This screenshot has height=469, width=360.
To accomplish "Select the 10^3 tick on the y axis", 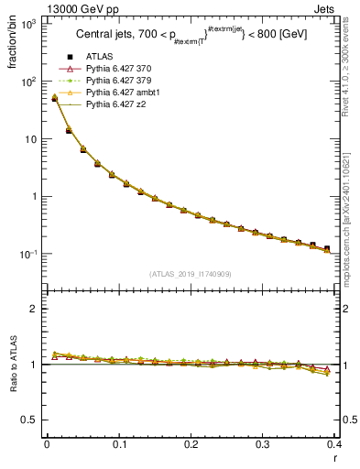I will (29, 24).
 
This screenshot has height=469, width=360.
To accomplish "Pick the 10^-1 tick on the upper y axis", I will (29, 254).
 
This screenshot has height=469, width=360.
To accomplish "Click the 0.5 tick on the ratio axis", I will (30, 420).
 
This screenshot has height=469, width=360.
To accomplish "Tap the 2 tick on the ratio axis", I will (35, 309).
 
